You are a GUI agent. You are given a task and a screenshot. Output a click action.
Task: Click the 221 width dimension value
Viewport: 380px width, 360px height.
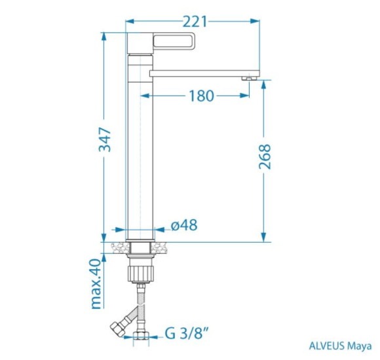(x=195, y=22)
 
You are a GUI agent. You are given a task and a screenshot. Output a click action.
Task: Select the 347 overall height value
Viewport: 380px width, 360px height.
(x=105, y=139)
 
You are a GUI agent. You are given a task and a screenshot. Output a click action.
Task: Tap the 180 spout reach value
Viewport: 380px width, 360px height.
(x=201, y=96)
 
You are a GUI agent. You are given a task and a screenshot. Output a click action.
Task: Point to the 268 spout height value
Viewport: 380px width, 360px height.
(x=265, y=156)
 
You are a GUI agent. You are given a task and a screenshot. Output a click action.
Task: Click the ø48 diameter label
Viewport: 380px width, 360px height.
(x=184, y=225)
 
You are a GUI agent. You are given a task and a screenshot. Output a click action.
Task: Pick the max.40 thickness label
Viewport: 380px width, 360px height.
(x=96, y=284)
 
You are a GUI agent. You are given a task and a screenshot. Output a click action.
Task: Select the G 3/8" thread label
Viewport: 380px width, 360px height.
(x=187, y=333)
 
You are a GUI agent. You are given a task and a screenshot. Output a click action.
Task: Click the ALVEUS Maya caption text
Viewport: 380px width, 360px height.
(x=340, y=346)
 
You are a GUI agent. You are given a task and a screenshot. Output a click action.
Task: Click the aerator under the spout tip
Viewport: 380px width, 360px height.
(x=249, y=78)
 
